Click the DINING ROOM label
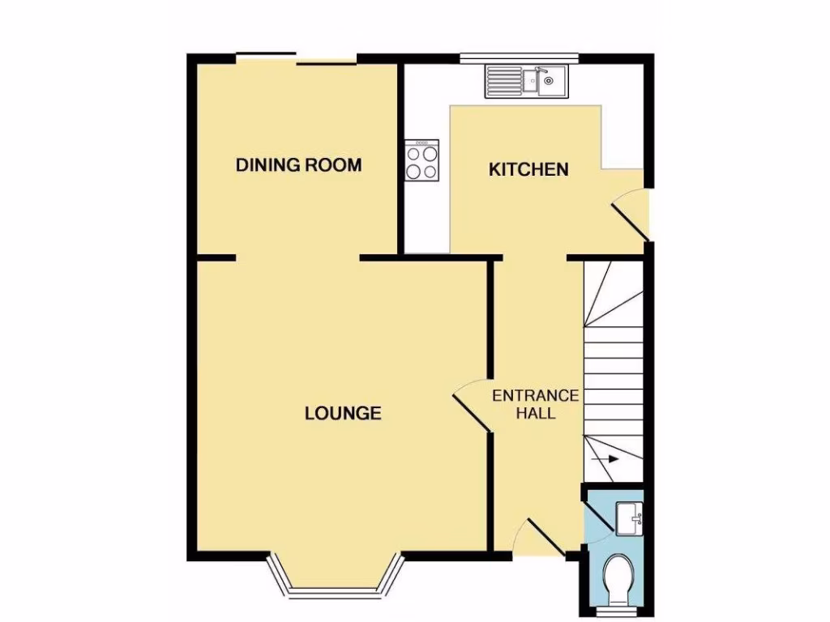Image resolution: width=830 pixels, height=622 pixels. (x=298, y=165)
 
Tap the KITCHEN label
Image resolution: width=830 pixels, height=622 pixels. (x=528, y=169)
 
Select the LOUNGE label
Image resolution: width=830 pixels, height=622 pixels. (x=343, y=413)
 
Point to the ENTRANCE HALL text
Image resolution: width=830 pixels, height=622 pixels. (x=536, y=404)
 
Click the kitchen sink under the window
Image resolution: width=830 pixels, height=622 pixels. (x=528, y=81)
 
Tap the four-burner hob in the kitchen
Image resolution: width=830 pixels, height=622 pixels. (x=422, y=160)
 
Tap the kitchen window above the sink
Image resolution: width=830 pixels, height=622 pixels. (x=519, y=58)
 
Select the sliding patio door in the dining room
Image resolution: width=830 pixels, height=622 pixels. (x=297, y=59)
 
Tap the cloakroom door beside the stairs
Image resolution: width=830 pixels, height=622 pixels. (x=595, y=510)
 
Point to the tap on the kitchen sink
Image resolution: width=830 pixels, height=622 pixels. (x=548, y=80)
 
